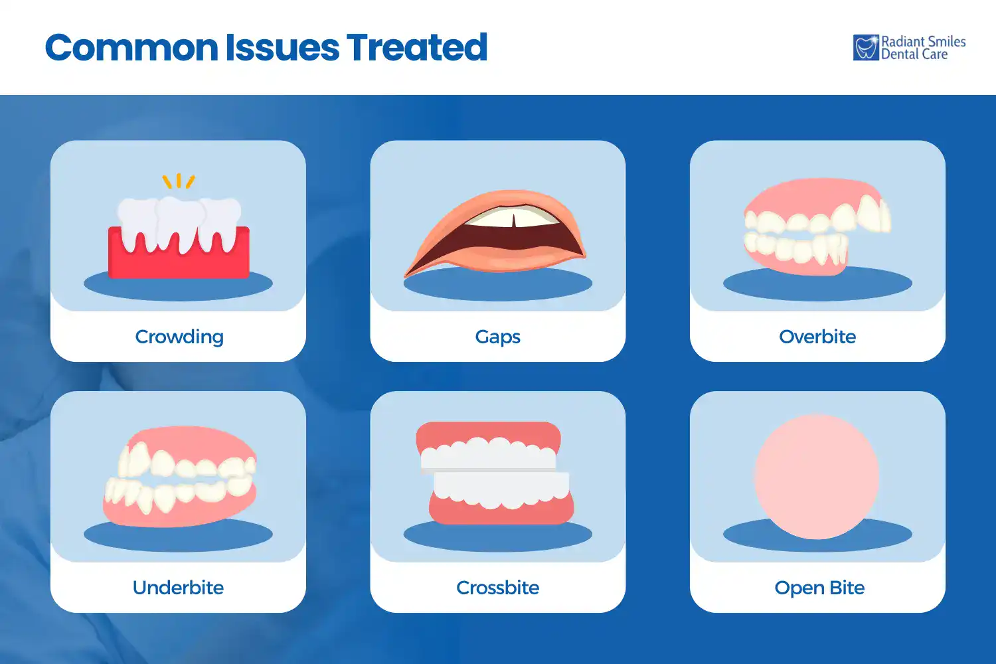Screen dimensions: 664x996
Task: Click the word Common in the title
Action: [x=131, y=48]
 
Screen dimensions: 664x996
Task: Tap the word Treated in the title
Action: [x=417, y=48]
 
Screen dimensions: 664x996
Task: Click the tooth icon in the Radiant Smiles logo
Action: [x=866, y=48]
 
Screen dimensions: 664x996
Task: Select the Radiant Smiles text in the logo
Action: [x=923, y=42]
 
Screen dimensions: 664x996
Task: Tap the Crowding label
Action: [x=179, y=337]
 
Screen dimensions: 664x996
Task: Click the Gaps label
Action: [x=497, y=337]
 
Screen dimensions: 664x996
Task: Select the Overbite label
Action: [x=817, y=337]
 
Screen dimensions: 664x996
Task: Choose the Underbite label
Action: [x=178, y=588]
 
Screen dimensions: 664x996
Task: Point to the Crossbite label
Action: [x=497, y=588]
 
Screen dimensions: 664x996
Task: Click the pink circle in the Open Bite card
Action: [x=817, y=476]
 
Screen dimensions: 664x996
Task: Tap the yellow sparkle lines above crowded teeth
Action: [x=179, y=181]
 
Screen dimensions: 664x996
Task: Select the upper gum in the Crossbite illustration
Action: [x=488, y=431]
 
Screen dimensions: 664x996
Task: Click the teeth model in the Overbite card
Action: [x=817, y=226]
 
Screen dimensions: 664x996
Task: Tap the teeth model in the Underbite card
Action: [x=179, y=477]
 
